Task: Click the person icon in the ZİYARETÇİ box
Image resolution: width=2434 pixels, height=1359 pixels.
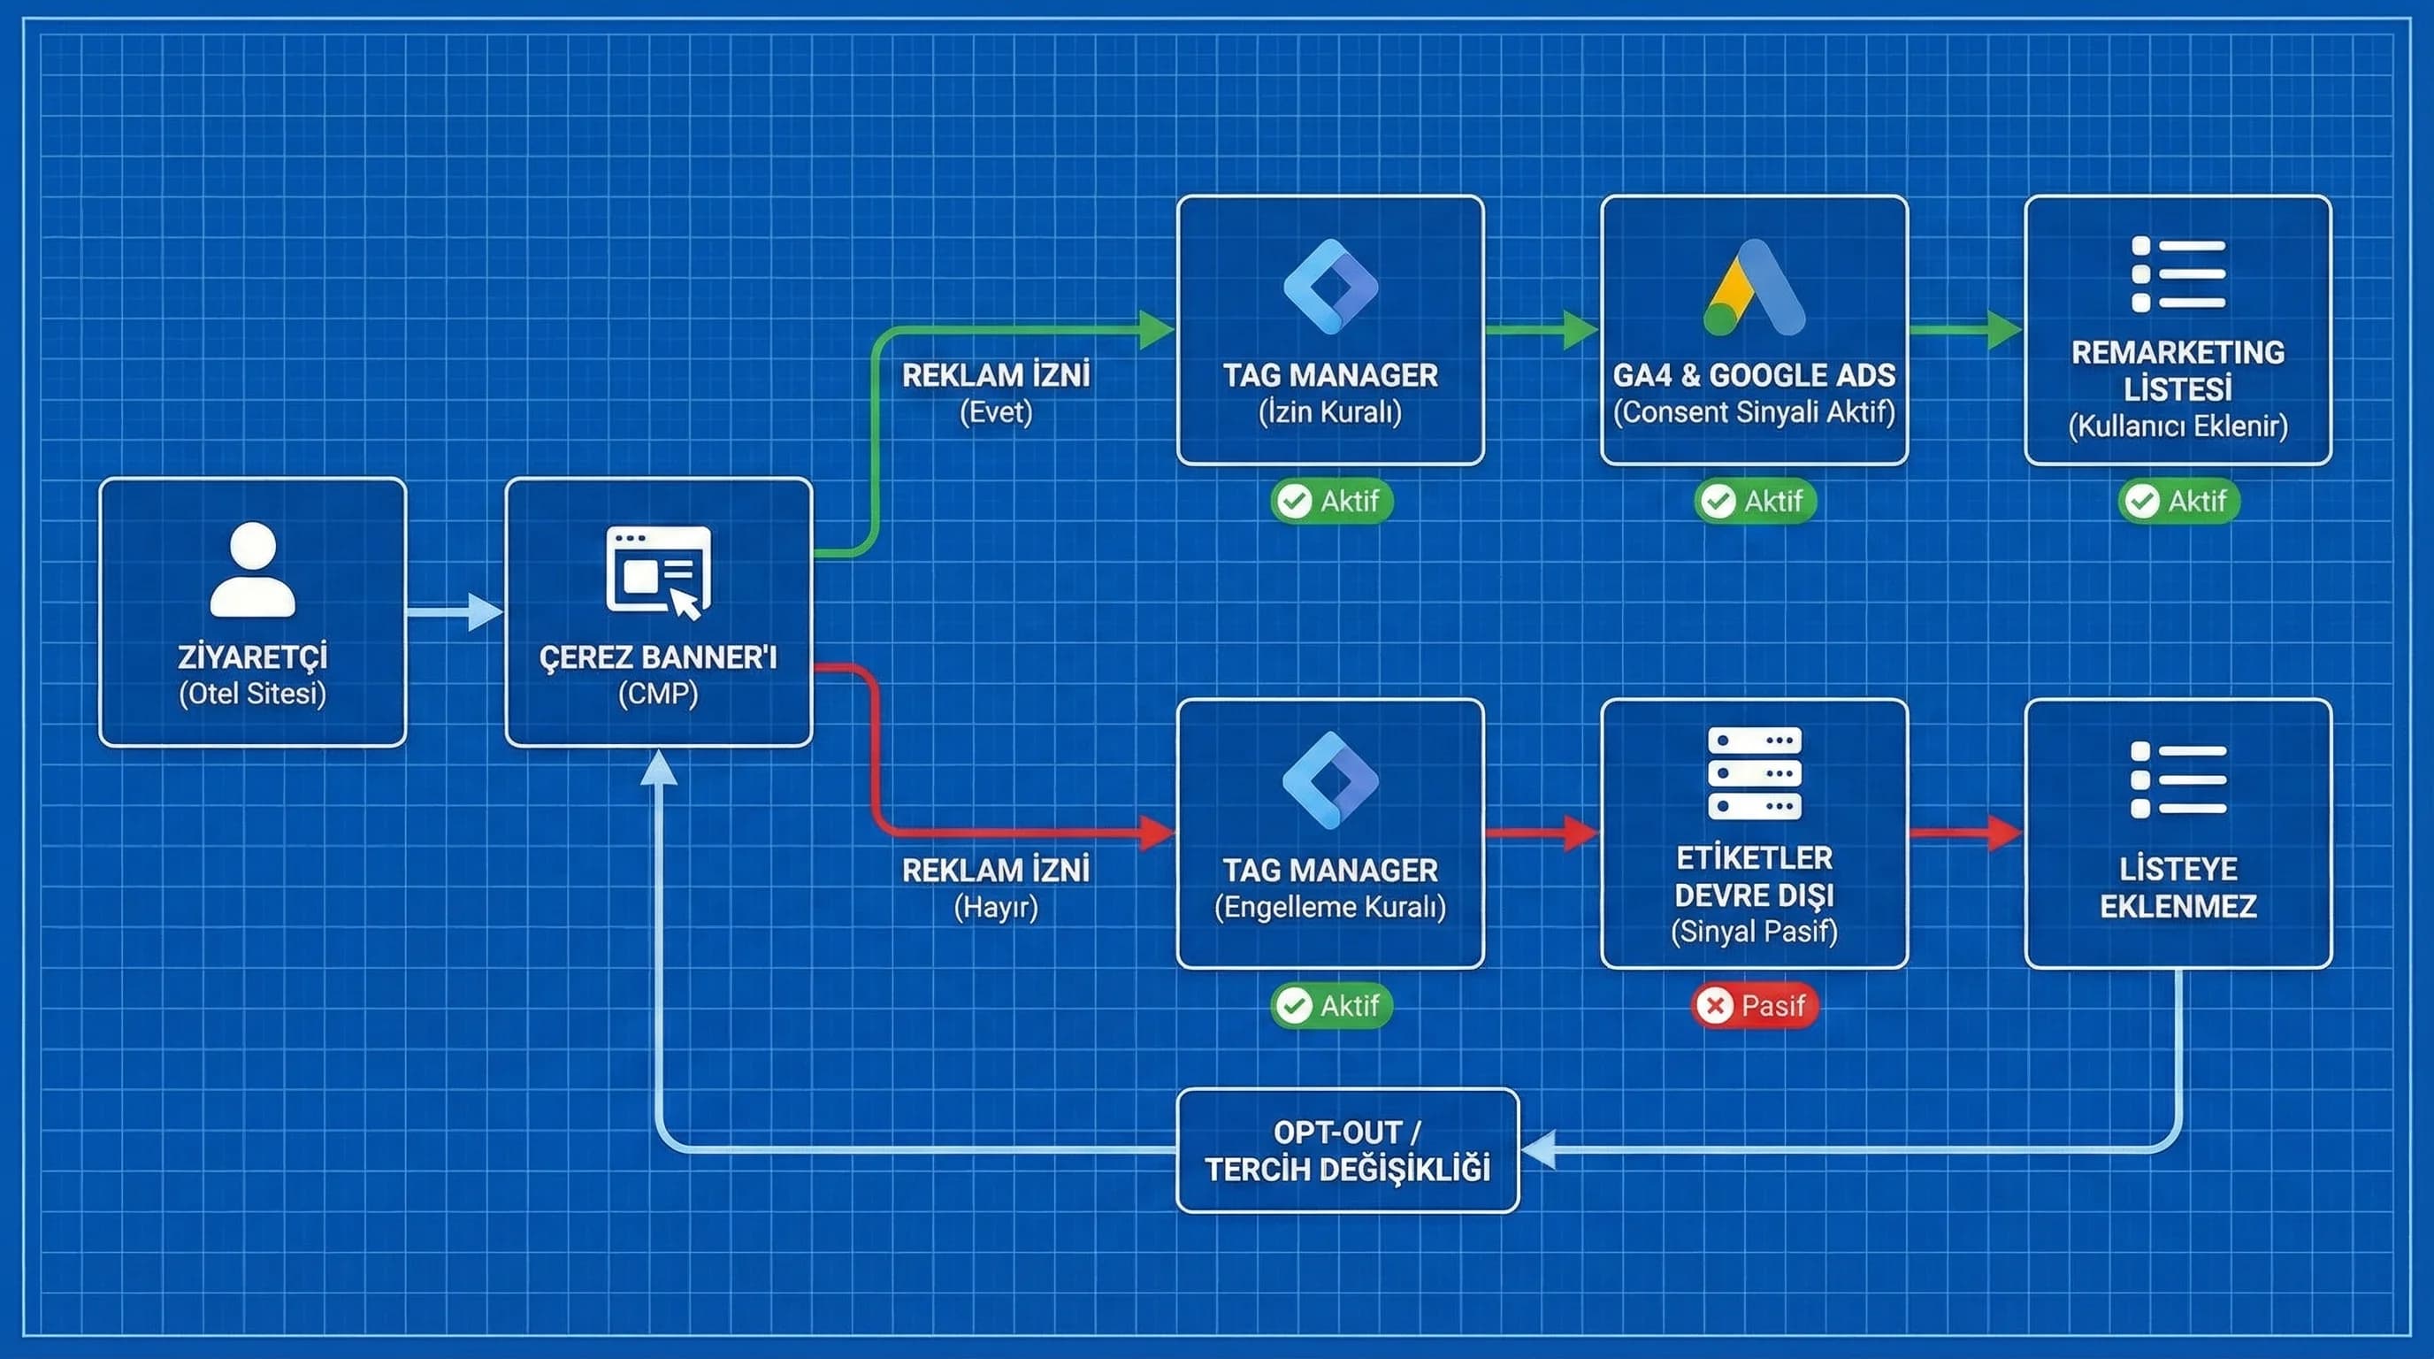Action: [252, 570]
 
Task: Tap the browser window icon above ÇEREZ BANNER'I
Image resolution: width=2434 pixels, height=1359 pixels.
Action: [658, 571]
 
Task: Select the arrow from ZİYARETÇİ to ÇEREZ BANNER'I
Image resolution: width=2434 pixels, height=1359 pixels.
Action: [455, 612]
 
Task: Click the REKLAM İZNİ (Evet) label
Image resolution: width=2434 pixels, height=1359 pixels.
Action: [995, 392]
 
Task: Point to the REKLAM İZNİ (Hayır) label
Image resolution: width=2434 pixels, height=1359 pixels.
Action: [995, 887]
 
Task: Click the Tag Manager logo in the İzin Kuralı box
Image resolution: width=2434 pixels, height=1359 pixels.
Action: [1330, 287]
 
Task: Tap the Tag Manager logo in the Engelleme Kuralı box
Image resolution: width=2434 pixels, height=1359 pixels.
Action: [1330, 780]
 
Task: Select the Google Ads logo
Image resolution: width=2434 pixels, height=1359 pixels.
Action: [1754, 288]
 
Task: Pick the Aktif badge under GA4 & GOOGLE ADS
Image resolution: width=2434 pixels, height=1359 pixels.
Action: [1754, 501]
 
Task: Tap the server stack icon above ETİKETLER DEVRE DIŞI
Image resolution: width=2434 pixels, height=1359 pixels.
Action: [1754, 773]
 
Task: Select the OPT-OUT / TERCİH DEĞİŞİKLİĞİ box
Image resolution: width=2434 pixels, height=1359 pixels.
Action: [1346, 1150]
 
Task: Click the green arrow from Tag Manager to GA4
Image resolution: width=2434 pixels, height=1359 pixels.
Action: [1541, 330]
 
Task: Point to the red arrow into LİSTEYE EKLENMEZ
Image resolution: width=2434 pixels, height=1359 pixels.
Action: [1965, 833]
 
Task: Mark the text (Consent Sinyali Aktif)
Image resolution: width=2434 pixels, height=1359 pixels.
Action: [1754, 412]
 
